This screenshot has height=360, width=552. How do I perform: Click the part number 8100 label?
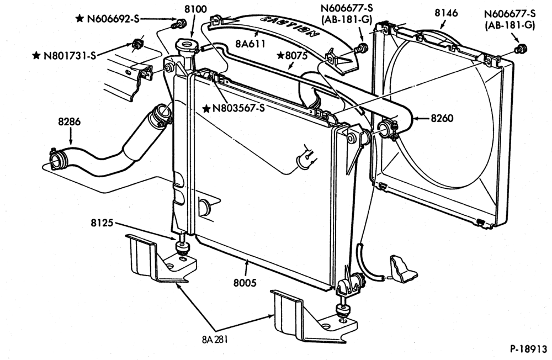pos(196,9)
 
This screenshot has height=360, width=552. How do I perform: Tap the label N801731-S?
pos(70,56)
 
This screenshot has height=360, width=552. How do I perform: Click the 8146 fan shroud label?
pos(446,13)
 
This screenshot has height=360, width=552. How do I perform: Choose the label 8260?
pos(442,118)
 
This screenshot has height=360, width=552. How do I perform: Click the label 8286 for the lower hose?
pos(70,122)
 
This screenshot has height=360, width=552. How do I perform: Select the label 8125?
pos(102,223)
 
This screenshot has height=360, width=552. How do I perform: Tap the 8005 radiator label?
pos(245,283)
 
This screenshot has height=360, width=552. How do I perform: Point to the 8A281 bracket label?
pos(215,340)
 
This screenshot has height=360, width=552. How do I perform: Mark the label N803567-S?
pos(238,108)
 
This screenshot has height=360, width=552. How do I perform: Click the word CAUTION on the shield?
pos(290,26)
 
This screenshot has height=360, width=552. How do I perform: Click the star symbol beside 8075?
pos(280,55)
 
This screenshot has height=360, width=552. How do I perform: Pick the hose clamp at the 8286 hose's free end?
pos(56,159)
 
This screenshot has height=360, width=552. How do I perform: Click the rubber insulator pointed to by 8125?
pos(183,248)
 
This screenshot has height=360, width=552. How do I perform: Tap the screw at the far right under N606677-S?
pos(521,49)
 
